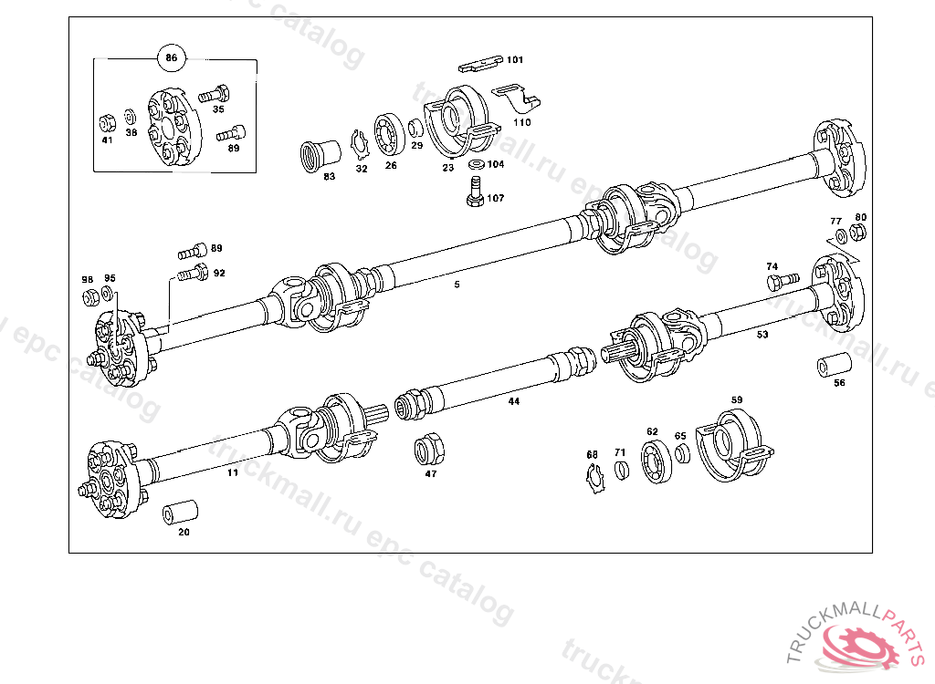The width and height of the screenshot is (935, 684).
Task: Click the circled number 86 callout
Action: pyautogui.click(x=171, y=57)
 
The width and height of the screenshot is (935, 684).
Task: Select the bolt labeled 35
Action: pyautogui.click(x=215, y=92)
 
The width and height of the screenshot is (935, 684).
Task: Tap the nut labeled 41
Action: pyautogui.click(x=106, y=121)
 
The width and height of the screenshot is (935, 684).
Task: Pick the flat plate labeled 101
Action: pyautogui.click(x=481, y=64)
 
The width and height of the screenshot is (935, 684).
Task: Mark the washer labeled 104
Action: pyautogui.click(x=475, y=165)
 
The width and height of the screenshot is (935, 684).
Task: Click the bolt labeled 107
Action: pyautogui.click(x=473, y=192)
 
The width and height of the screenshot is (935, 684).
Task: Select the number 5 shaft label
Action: pyautogui.click(x=457, y=285)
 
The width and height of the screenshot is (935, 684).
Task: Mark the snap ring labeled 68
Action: pyautogui.click(x=594, y=478)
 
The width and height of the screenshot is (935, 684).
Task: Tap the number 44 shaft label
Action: pyautogui.click(x=514, y=401)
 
